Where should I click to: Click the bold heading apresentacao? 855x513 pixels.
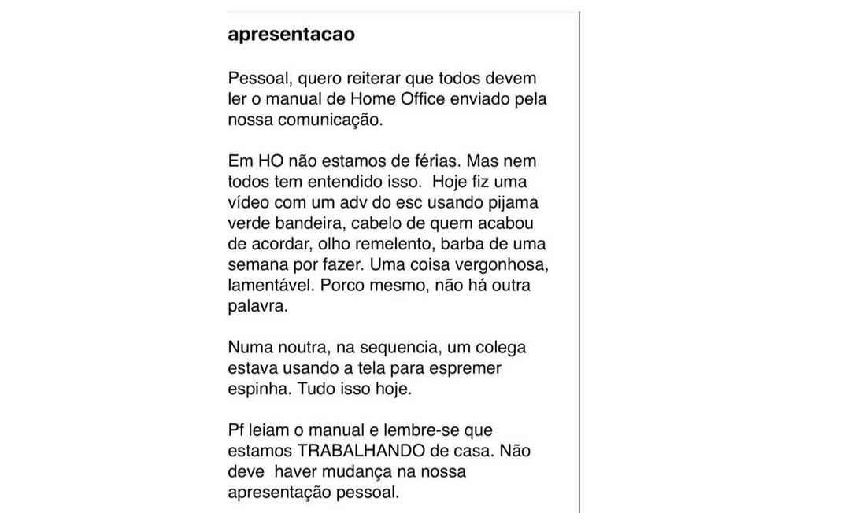291,35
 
